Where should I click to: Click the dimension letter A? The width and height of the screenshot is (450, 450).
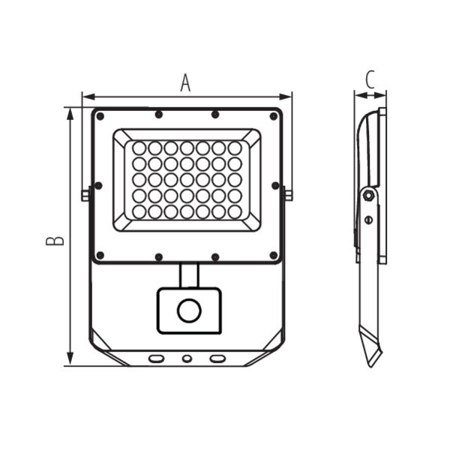tap(185, 83)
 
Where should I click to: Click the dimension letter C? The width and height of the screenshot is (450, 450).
tap(370, 79)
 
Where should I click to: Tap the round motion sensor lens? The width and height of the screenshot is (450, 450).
tap(189, 310)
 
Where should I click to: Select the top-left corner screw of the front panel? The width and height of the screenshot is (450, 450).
tap(100, 116)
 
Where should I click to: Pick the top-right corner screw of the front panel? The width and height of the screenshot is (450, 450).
tap(274, 116)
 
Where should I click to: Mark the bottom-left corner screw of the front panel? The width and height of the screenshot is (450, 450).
tap(100, 255)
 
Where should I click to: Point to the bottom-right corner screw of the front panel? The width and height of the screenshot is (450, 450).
tap(274, 255)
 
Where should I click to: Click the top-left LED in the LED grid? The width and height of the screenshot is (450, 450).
tap(139, 148)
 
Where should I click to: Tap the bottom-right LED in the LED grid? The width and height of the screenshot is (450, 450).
tap(235, 212)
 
